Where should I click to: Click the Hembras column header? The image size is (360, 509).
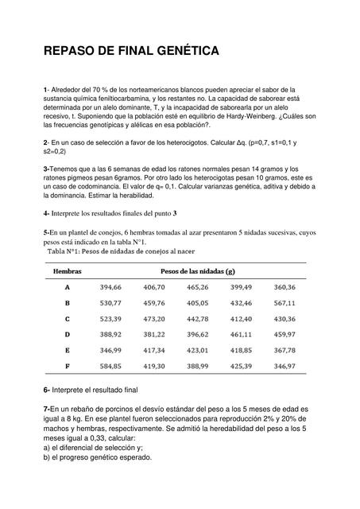click(67, 271)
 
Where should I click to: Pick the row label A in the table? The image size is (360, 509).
click(67, 287)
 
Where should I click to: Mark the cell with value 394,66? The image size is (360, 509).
click(110, 287)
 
